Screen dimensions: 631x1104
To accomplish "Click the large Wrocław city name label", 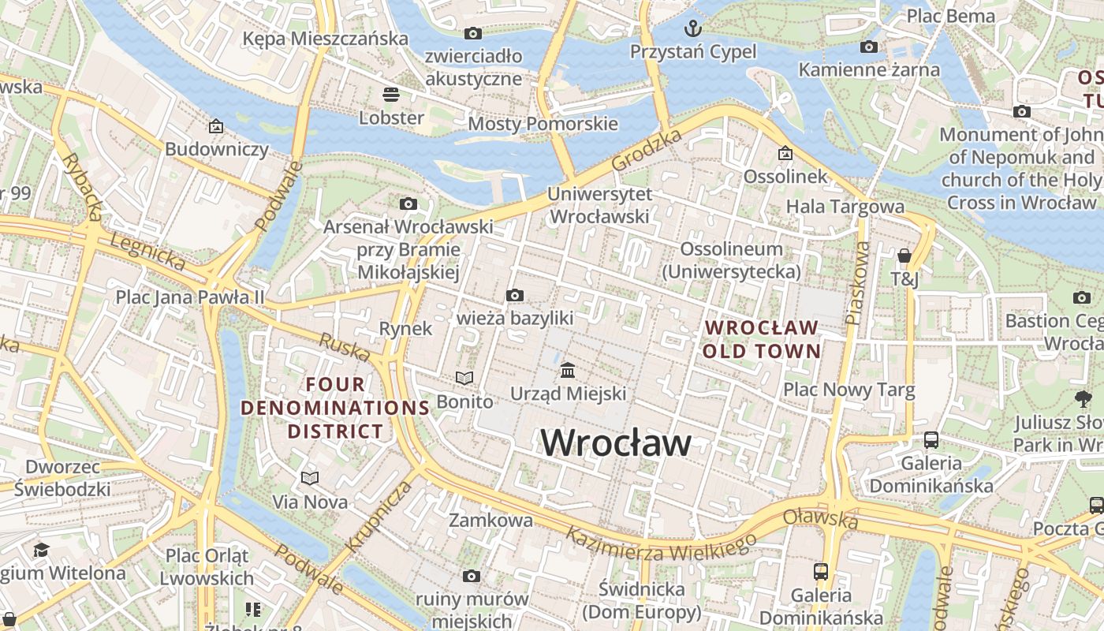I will [x=615, y=442].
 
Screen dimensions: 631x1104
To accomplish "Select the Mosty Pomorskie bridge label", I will [x=543, y=124].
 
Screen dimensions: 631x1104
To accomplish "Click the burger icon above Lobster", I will [x=391, y=95].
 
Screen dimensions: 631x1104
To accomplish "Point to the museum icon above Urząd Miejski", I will [x=568, y=370].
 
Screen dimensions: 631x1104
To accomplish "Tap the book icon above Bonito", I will [x=464, y=379].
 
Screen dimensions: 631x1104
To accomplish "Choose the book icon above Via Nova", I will [x=310, y=478].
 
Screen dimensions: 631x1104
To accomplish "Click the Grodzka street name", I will [x=647, y=150].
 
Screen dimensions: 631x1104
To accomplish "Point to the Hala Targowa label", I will [x=845, y=207].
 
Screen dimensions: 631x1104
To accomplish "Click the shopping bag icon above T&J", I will [x=904, y=256].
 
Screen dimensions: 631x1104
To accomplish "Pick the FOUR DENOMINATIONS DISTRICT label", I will [x=335, y=408].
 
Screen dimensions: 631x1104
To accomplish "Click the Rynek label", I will [x=405, y=328].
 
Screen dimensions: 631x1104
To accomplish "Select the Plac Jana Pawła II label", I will [x=190, y=297].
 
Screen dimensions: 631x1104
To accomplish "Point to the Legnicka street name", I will [x=147, y=252].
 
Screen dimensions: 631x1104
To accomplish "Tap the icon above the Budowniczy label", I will [x=216, y=126].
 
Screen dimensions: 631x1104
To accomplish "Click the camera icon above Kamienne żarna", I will [x=869, y=47].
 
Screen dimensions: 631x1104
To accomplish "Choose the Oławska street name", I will [x=820, y=518].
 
